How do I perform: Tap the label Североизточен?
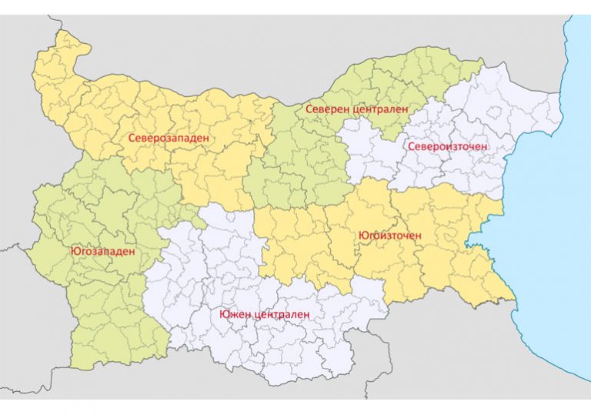coord(449,146)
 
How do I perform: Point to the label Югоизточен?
coord(390,235)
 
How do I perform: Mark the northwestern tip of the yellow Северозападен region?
coord(58,33)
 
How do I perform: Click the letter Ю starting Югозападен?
coord(74,251)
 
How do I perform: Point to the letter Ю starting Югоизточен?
coord(362,235)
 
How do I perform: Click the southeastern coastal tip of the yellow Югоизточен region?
coord(514,299)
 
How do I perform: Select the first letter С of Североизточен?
coord(412,146)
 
